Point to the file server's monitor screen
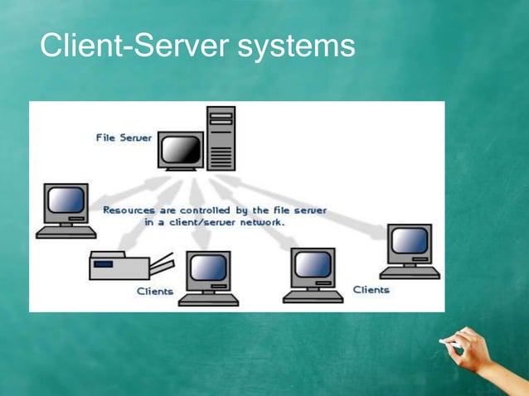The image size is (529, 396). [x=182, y=149]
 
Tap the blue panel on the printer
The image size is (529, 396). [x=104, y=264]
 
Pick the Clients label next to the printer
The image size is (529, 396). [x=155, y=291]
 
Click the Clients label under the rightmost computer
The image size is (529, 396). [x=371, y=289]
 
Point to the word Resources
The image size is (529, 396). [x=128, y=210]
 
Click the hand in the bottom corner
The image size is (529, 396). [x=475, y=352]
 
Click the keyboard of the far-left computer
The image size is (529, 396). [x=66, y=234]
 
